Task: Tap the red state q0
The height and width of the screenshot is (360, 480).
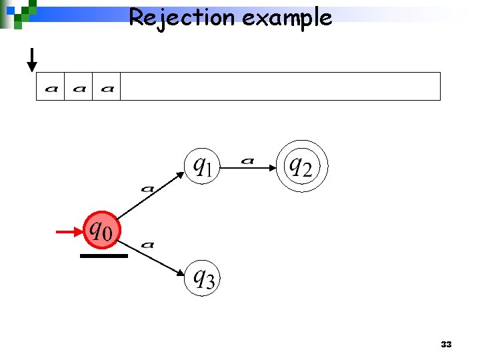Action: tap(101, 231)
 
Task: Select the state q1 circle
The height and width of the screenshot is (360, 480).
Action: tap(201, 164)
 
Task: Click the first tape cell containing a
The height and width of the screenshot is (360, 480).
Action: tap(51, 87)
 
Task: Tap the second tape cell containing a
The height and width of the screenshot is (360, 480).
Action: tap(79, 87)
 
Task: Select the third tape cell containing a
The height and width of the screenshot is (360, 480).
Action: tap(107, 87)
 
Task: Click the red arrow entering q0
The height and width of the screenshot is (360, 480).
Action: tap(69, 232)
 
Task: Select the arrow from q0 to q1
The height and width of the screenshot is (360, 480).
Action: tap(153, 197)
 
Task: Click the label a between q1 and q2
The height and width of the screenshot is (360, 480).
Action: tap(247, 160)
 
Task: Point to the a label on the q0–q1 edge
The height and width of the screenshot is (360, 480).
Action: tap(147, 189)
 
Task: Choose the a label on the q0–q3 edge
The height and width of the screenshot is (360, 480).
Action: tap(148, 245)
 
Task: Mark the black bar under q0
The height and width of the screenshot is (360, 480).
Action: tap(103, 256)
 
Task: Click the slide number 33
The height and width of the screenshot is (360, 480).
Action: tap(446, 345)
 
